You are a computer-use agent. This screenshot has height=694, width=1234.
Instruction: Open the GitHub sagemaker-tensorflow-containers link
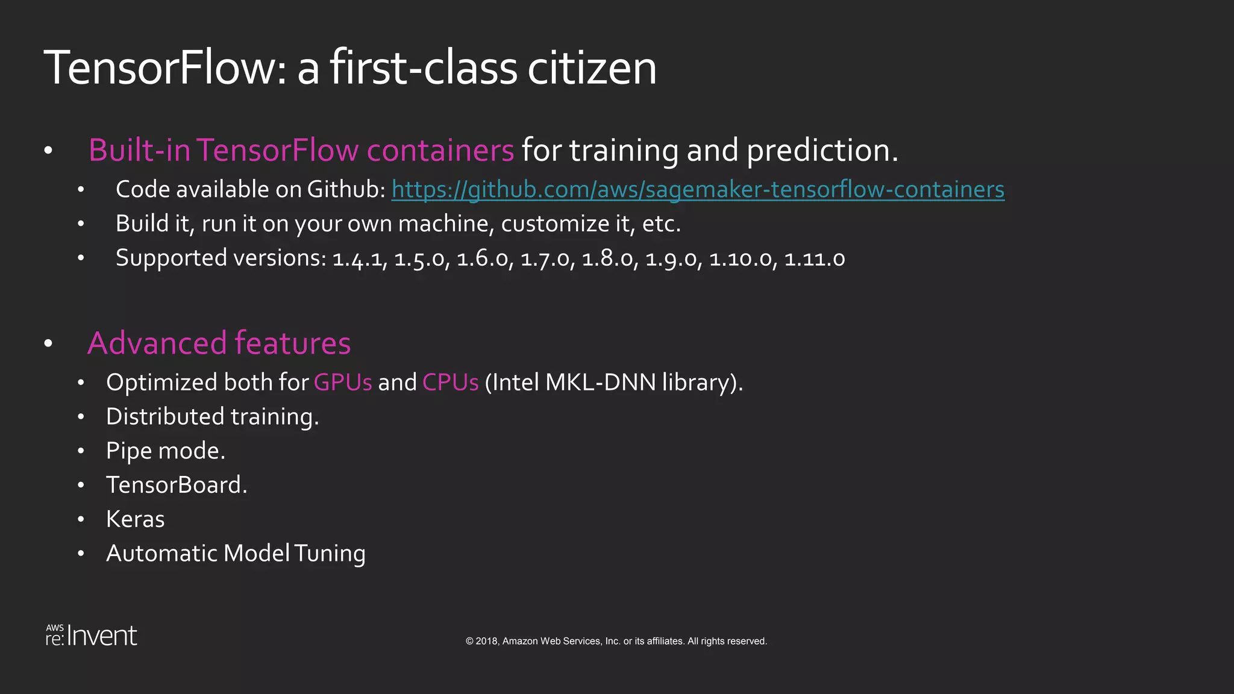coord(698,189)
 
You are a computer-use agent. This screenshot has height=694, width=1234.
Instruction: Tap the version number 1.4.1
coord(360,258)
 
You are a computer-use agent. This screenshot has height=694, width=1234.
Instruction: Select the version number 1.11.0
coord(814,258)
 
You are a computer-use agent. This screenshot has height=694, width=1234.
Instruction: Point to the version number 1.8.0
coord(609,258)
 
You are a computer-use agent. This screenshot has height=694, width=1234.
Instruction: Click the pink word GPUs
coord(343,383)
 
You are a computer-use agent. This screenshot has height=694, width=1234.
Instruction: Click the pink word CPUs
coord(450,383)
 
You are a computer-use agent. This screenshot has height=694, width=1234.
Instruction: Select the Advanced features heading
coord(219,343)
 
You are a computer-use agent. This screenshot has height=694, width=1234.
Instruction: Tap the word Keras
coord(135,519)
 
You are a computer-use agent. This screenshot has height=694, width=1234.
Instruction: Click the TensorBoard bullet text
coord(177,485)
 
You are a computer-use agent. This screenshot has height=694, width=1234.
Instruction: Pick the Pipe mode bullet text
coord(166,451)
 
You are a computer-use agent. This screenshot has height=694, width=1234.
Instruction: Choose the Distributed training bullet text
coord(212,417)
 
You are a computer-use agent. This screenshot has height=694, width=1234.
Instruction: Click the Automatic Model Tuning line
coord(236,554)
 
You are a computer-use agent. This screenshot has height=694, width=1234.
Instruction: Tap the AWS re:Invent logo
coord(92,636)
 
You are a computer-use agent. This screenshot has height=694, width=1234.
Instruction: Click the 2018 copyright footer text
coord(616,641)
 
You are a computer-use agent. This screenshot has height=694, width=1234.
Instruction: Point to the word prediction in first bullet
coord(822,150)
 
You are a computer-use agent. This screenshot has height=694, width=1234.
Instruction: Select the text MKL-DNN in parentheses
coord(600,383)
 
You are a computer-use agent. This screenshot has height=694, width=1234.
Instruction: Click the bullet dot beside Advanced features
coord(49,344)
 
